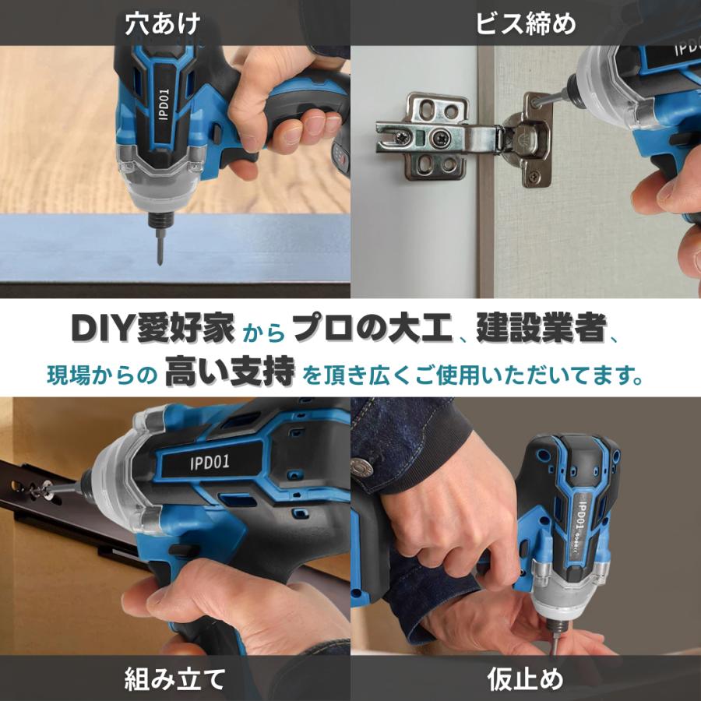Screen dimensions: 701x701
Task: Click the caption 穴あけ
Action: (163, 23)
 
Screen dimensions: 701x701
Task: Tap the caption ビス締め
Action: (526, 23)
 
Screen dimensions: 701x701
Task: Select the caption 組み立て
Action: (175, 679)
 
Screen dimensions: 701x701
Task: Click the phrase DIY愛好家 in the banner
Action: (153, 329)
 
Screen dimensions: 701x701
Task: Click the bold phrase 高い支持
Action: (230, 375)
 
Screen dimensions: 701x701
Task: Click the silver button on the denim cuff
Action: (359, 467)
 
